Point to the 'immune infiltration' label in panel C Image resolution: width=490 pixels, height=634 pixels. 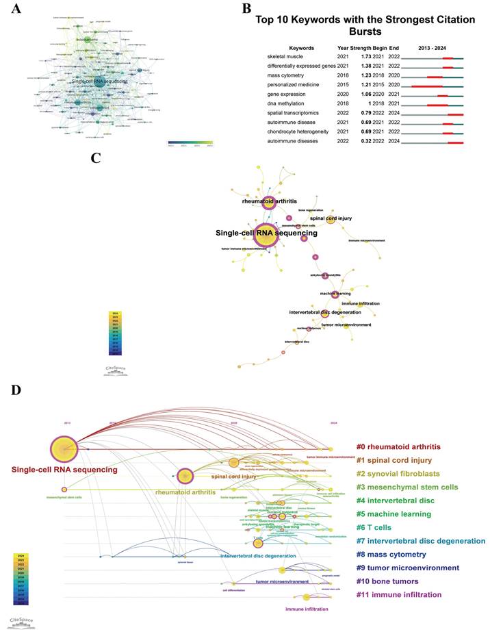(x=361, y=303)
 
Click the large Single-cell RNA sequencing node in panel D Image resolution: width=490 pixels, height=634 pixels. (x=64, y=449)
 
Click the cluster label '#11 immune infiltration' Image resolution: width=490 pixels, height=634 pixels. (x=408, y=595)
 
